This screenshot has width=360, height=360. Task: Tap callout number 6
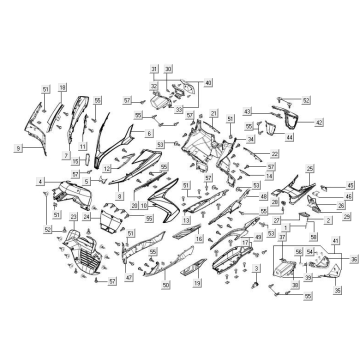(x=148, y=133)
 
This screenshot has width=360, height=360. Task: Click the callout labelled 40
(x=207, y=83)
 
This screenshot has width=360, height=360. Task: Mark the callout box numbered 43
(x=247, y=111)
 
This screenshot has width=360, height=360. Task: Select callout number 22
(x=274, y=154)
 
